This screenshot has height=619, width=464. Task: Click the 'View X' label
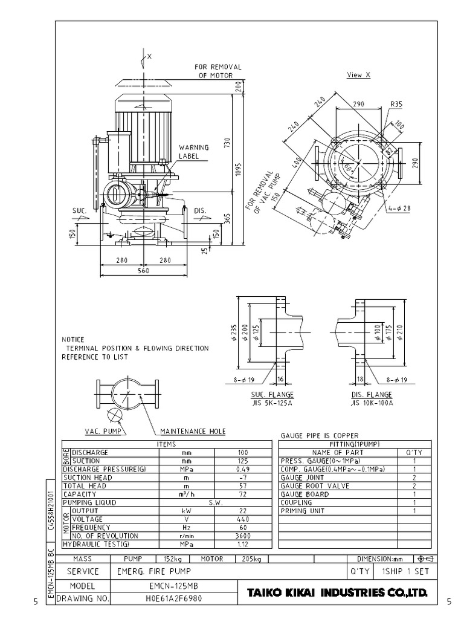point(358,75)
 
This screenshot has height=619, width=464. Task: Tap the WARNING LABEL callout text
point(193,151)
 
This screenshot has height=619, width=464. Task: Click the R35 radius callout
point(396,104)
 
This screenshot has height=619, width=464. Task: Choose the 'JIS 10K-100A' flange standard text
point(372,402)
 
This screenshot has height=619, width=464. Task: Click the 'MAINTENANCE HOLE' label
point(193,431)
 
